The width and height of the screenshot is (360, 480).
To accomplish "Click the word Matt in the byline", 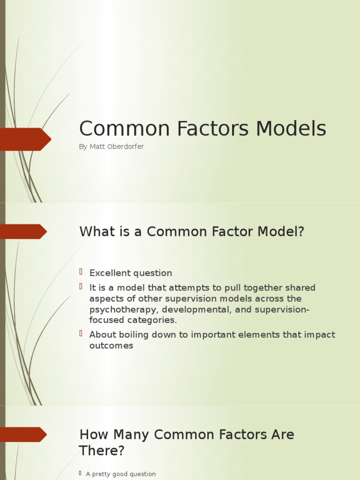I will coord(97,147).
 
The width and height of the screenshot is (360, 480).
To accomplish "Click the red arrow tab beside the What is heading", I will coord(22,232).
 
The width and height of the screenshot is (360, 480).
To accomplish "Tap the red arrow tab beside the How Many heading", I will coord(22,435).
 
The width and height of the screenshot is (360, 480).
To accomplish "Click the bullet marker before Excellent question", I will coord(81,272).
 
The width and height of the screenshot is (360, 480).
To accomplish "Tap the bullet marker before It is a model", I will coord(81,286).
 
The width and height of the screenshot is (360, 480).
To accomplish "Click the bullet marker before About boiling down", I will coord(81,333).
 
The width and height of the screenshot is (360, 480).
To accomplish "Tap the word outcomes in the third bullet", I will coord(112,346).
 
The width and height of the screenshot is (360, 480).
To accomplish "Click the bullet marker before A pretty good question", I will coord(81,473).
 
